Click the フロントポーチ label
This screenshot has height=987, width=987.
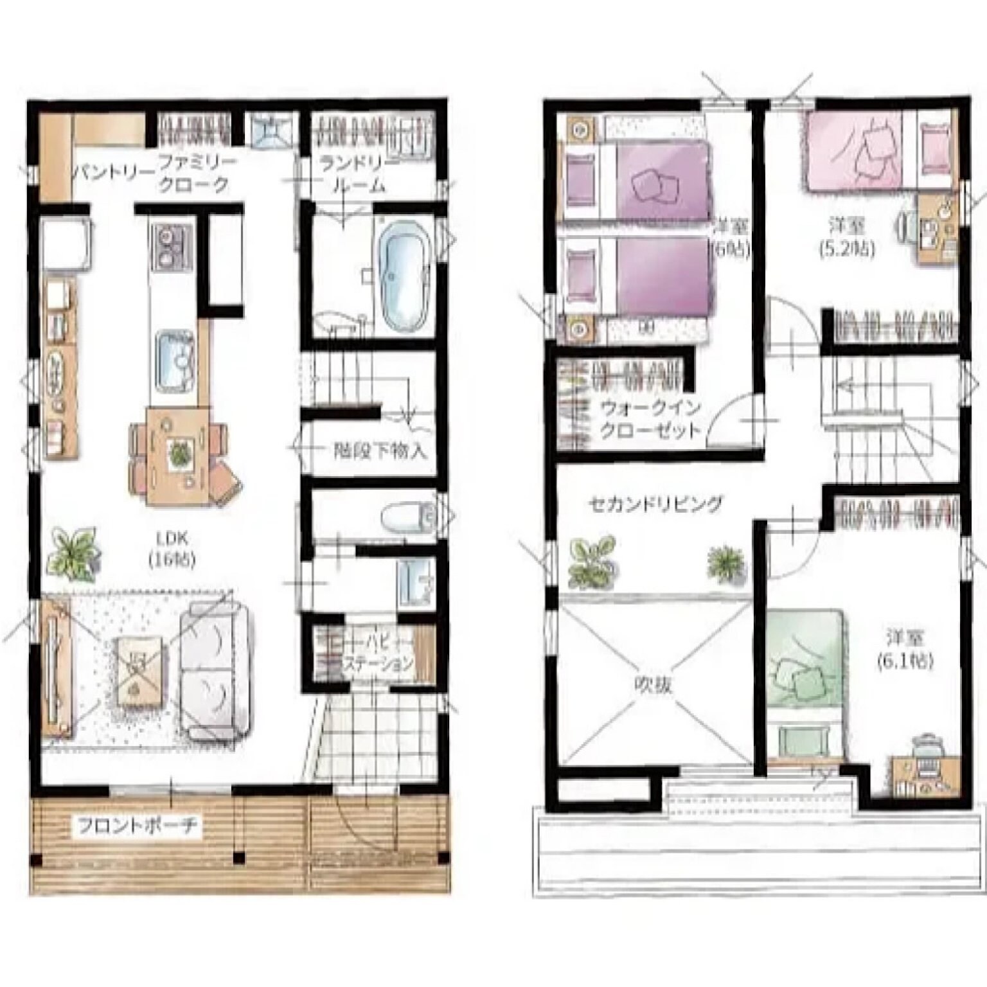click(x=137, y=825)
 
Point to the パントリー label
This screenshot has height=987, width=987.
click(x=113, y=172)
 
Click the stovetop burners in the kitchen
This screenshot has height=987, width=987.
click(x=171, y=248)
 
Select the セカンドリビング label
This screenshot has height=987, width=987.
click(x=655, y=504)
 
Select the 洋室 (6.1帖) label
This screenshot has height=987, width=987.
click(x=905, y=649)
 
